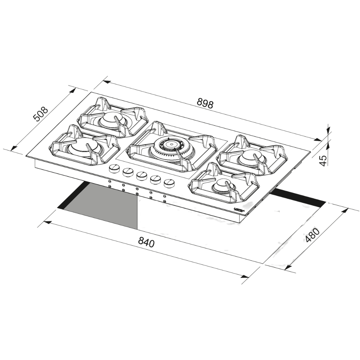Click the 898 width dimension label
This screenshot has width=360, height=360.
(205, 104)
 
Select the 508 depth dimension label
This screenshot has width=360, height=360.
(41, 114)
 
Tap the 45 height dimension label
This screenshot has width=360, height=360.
(323, 160)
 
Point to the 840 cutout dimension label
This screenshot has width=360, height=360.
(146, 242)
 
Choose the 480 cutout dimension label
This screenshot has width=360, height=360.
(312, 236)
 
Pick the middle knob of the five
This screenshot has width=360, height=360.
(141, 175)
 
